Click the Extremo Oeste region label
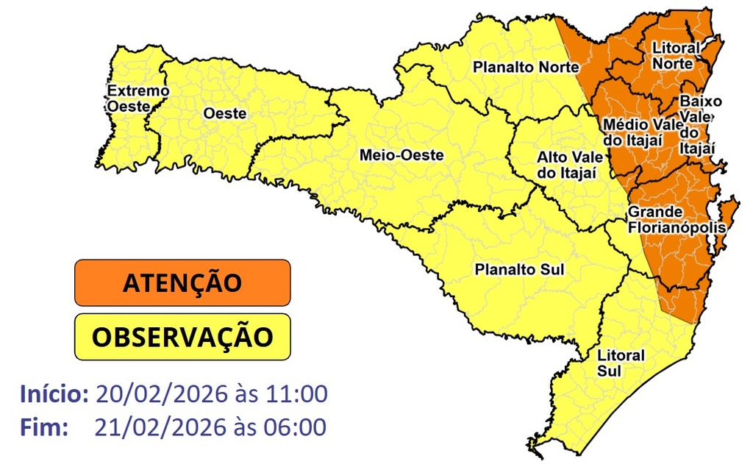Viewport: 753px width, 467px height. pyautogui.click(x=138, y=99)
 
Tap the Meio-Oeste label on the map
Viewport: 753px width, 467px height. pyautogui.click(x=401, y=155)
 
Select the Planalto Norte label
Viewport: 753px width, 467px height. pyautogui.click(x=516, y=67)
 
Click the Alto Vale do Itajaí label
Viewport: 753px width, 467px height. pyautogui.click(x=570, y=165)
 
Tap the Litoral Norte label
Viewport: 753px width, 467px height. pyautogui.click(x=677, y=56)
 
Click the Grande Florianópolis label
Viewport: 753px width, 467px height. pyautogui.click(x=677, y=220)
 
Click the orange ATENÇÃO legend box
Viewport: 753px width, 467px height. pyautogui.click(x=182, y=282)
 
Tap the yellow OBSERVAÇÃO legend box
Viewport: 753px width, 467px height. pyautogui.click(x=182, y=337)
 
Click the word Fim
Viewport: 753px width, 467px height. pyautogui.click(x=43, y=426)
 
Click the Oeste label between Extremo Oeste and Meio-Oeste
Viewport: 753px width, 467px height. pyautogui.click(x=224, y=114)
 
